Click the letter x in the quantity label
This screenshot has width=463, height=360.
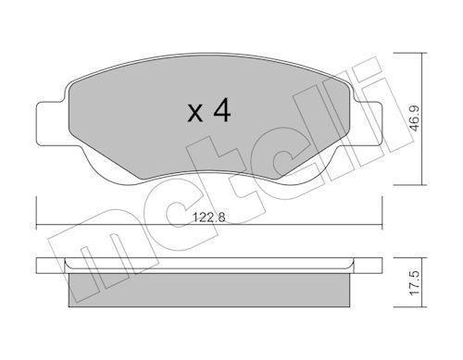coord(194,113)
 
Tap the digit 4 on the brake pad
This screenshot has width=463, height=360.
coord(220,111)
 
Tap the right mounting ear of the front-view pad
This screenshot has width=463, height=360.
coord(373,124)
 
